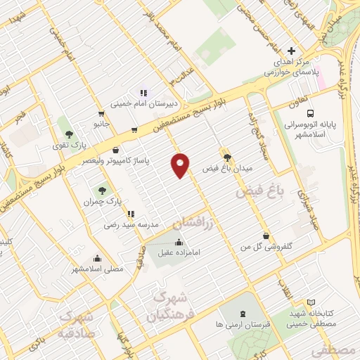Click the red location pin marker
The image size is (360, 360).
(x=181, y=165)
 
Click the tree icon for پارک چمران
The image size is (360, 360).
(x=103, y=189)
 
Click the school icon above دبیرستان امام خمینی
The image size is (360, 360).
(x=143, y=92)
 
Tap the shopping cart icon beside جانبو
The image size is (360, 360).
(x=102, y=114)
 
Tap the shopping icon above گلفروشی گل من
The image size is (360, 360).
(x=265, y=236)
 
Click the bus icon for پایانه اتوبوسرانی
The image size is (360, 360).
(x=309, y=113)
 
